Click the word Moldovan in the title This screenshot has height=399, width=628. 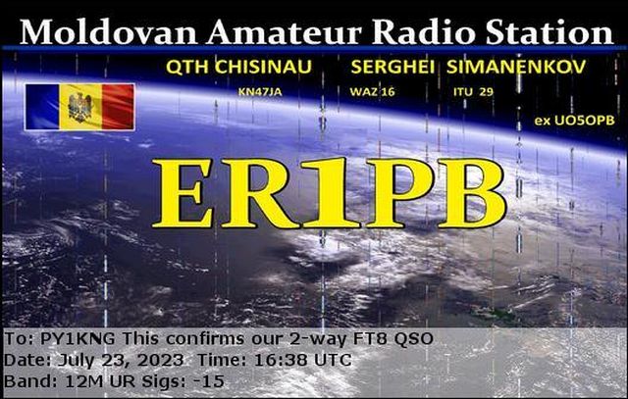click(x=108, y=31)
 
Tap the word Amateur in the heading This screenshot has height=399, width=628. click(x=284, y=31)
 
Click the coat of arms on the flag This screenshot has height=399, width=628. click(x=79, y=107)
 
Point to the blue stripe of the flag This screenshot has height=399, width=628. click(x=42, y=107)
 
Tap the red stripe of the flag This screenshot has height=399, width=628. click(x=118, y=107)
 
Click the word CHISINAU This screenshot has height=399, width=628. click(x=263, y=67)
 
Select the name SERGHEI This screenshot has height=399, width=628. click(x=392, y=67)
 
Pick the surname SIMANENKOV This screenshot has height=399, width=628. click(x=516, y=67)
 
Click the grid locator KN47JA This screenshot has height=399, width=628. click(x=260, y=92)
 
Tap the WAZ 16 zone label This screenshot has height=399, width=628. click(x=372, y=92)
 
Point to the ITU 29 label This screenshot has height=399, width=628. click(x=473, y=92)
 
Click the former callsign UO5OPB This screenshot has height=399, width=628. click(x=584, y=121)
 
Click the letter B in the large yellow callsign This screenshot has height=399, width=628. click(x=472, y=193)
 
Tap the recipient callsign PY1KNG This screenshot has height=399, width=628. click(x=78, y=339)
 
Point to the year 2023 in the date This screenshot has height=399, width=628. click(x=160, y=360)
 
